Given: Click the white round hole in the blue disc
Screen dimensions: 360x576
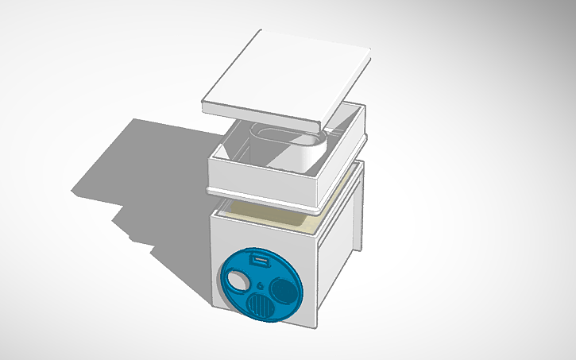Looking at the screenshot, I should [238, 279].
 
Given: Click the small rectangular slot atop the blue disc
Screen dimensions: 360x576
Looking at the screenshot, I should [258, 259].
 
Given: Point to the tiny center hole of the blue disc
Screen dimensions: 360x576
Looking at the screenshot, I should [261, 284].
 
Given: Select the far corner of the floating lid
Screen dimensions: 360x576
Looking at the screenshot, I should [369, 52].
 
